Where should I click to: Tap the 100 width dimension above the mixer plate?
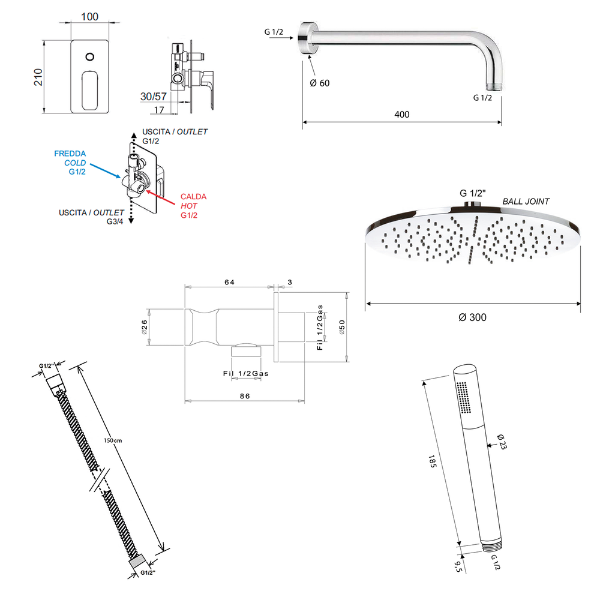click(x=89, y=16)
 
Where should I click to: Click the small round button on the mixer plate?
click(x=90, y=57)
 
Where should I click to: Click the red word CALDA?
click(x=193, y=197)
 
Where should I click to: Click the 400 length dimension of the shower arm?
click(x=402, y=114)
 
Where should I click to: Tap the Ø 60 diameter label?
click(x=320, y=83)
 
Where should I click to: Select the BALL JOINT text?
click(x=526, y=202)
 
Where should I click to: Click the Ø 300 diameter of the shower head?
click(x=472, y=317)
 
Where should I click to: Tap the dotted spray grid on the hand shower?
click(x=464, y=397)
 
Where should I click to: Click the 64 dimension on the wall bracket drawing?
click(x=229, y=281)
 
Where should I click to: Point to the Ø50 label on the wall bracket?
click(x=343, y=327)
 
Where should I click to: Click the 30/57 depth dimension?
click(x=154, y=96)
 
